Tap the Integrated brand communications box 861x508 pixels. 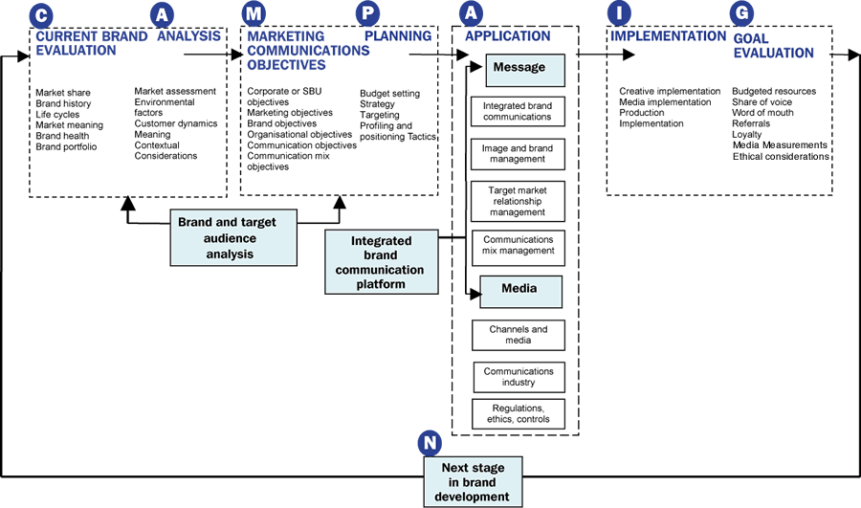[518, 111]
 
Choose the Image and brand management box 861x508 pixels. [518, 155]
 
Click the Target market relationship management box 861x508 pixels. [518, 202]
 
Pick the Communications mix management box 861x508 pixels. [519, 246]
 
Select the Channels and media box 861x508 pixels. [518, 335]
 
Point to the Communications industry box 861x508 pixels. [519, 377]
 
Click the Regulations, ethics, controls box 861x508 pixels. [519, 413]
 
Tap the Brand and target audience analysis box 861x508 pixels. [227, 237]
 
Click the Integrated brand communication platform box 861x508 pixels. [382, 262]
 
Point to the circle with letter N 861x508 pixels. [430, 443]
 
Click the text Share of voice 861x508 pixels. [762, 102]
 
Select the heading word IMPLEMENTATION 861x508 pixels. [668, 36]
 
